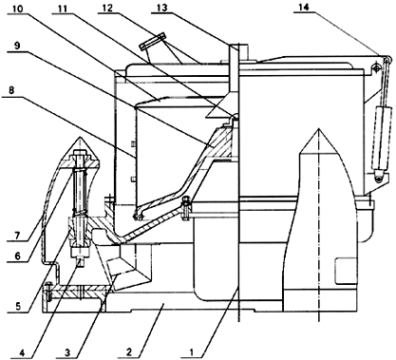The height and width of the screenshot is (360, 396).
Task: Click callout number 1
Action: [191, 351]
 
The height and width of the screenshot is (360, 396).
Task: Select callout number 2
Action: [128, 351]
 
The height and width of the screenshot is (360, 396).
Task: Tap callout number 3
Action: [66, 351]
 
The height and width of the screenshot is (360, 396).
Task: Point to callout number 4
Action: [21, 351]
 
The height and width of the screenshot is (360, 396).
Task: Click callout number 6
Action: [17, 256]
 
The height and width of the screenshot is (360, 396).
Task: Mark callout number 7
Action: [17, 235]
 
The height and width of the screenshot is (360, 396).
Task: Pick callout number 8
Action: [11, 91]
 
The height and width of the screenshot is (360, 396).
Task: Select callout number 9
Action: [17, 46]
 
